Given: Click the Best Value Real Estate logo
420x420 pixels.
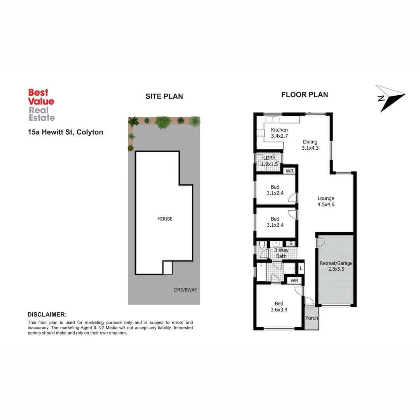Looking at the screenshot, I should pyautogui.click(x=41, y=105).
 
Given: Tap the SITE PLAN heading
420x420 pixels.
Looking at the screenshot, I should pyautogui.click(x=164, y=96).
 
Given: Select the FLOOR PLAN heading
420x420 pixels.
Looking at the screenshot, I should pyautogui.click(x=304, y=94).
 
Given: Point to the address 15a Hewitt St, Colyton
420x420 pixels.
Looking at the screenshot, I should pyautogui.click(x=65, y=132).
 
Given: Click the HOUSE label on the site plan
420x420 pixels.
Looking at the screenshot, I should pyautogui.click(x=165, y=219).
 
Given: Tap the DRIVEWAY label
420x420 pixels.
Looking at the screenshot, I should pyautogui.click(x=186, y=290).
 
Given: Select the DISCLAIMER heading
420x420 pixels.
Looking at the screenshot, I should pyautogui.click(x=47, y=314).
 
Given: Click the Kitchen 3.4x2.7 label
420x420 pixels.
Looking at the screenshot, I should pyautogui.click(x=279, y=133).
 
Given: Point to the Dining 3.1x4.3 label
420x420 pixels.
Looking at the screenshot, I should pyautogui.click(x=310, y=145).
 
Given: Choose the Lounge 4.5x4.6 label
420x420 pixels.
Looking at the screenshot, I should pyautogui.click(x=326, y=201).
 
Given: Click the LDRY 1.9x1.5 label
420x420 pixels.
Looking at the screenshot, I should pyautogui.click(x=269, y=161).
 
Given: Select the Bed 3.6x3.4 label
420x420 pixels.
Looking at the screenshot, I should pyautogui.click(x=279, y=306).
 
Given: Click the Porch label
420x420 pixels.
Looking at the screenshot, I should pyautogui.click(x=312, y=318).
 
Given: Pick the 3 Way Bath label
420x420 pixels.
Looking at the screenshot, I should pyautogui.click(x=281, y=253).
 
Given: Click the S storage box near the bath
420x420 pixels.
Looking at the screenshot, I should pyautogui.click(x=290, y=243).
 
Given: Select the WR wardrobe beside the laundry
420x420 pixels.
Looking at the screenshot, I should pyautogui.click(x=289, y=171).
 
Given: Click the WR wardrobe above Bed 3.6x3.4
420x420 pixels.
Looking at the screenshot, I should pyautogui.click(x=294, y=280).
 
